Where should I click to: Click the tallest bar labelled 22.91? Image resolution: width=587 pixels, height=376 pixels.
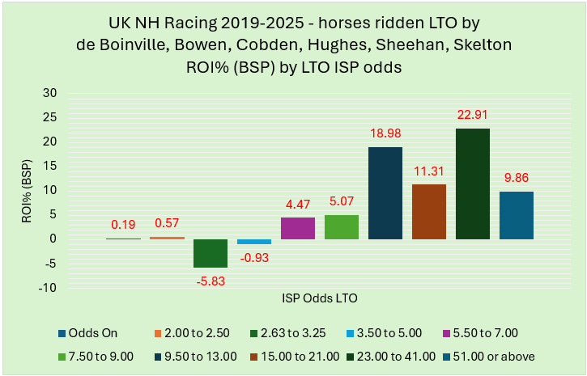click(x=473, y=184)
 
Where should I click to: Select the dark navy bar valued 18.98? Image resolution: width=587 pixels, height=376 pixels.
click(x=385, y=192)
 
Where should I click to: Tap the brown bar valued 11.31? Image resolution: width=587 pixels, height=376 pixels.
click(x=429, y=211)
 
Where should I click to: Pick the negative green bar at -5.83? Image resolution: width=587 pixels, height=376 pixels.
click(x=211, y=253)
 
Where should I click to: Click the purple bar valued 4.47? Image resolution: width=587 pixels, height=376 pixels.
click(x=298, y=228)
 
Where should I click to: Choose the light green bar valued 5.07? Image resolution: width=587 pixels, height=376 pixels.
click(x=342, y=226)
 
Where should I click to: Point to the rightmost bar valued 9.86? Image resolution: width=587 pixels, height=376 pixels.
click(x=517, y=215)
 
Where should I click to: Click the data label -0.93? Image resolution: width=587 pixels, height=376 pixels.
click(x=254, y=259)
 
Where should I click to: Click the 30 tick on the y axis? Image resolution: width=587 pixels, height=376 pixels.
click(x=50, y=93)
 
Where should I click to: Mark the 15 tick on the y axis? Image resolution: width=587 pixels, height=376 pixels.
click(x=50, y=166)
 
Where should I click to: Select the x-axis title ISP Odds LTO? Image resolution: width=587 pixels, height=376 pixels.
click(x=320, y=298)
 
